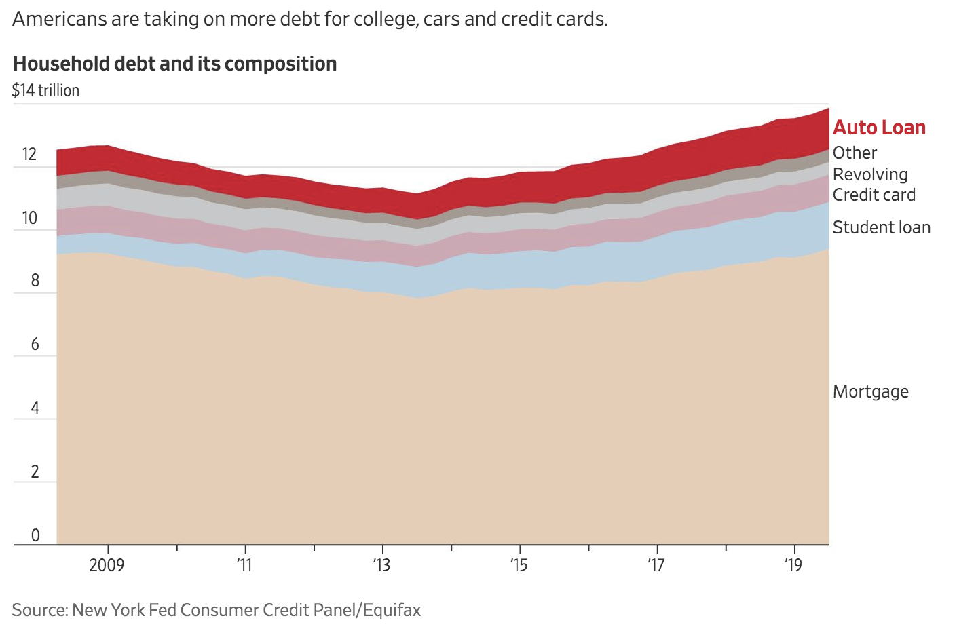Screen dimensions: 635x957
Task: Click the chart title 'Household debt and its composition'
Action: pos(174,64)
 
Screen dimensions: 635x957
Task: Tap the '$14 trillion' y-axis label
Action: pos(45,90)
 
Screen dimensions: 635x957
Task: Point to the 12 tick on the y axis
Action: pos(29,154)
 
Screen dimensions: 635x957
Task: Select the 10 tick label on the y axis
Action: pos(29,218)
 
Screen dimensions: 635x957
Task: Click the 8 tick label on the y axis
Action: pos(35,281)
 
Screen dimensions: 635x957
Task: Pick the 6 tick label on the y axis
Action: pos(35,345)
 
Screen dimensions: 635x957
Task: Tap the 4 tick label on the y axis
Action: pos(35,408)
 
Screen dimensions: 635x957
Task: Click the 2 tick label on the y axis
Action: pos(35,472)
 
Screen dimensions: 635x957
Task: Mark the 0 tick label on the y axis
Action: pos(35,535)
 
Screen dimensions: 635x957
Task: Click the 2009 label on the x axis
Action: pos(107,565)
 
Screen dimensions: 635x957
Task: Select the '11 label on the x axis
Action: pos(244,565)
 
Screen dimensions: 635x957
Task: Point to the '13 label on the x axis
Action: pos(381,565)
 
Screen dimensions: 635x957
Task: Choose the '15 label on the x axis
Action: pos(519,565)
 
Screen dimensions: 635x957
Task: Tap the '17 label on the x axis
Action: pos(656,565)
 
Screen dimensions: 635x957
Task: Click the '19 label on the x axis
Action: pos(793,565)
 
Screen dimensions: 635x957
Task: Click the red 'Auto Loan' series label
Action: pos(879,128)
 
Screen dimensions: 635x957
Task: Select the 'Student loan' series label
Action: pos(881,227)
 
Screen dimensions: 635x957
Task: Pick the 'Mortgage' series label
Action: pos(870,391)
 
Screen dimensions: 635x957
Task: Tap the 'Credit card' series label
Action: pos(874,195)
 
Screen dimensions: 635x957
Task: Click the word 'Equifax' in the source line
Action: pos(392,610)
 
